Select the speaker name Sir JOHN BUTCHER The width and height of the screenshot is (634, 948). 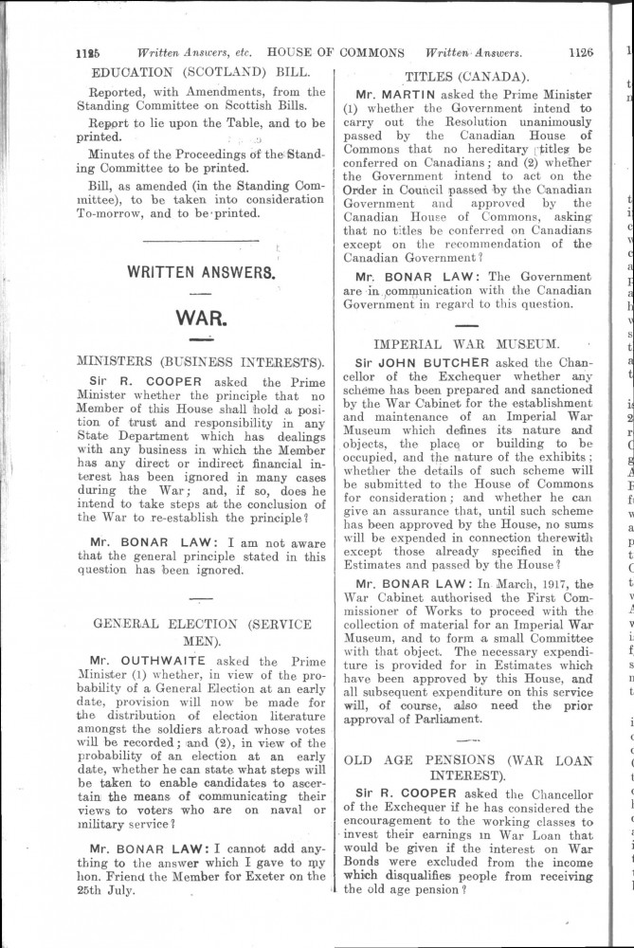point(422,361)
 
